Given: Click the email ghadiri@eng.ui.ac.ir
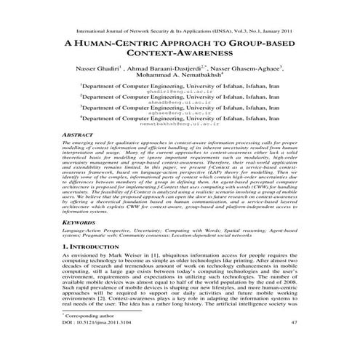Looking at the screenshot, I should tap(179, 92).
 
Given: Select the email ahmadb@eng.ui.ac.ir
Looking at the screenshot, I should tap(179, 103).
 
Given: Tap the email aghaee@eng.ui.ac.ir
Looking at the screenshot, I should tap(179, 113).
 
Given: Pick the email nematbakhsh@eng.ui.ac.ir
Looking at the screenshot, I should tap(179, 124).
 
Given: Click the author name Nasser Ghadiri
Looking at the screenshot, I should tap(92, 66).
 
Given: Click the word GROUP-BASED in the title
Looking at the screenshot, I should tap(269, 42).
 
